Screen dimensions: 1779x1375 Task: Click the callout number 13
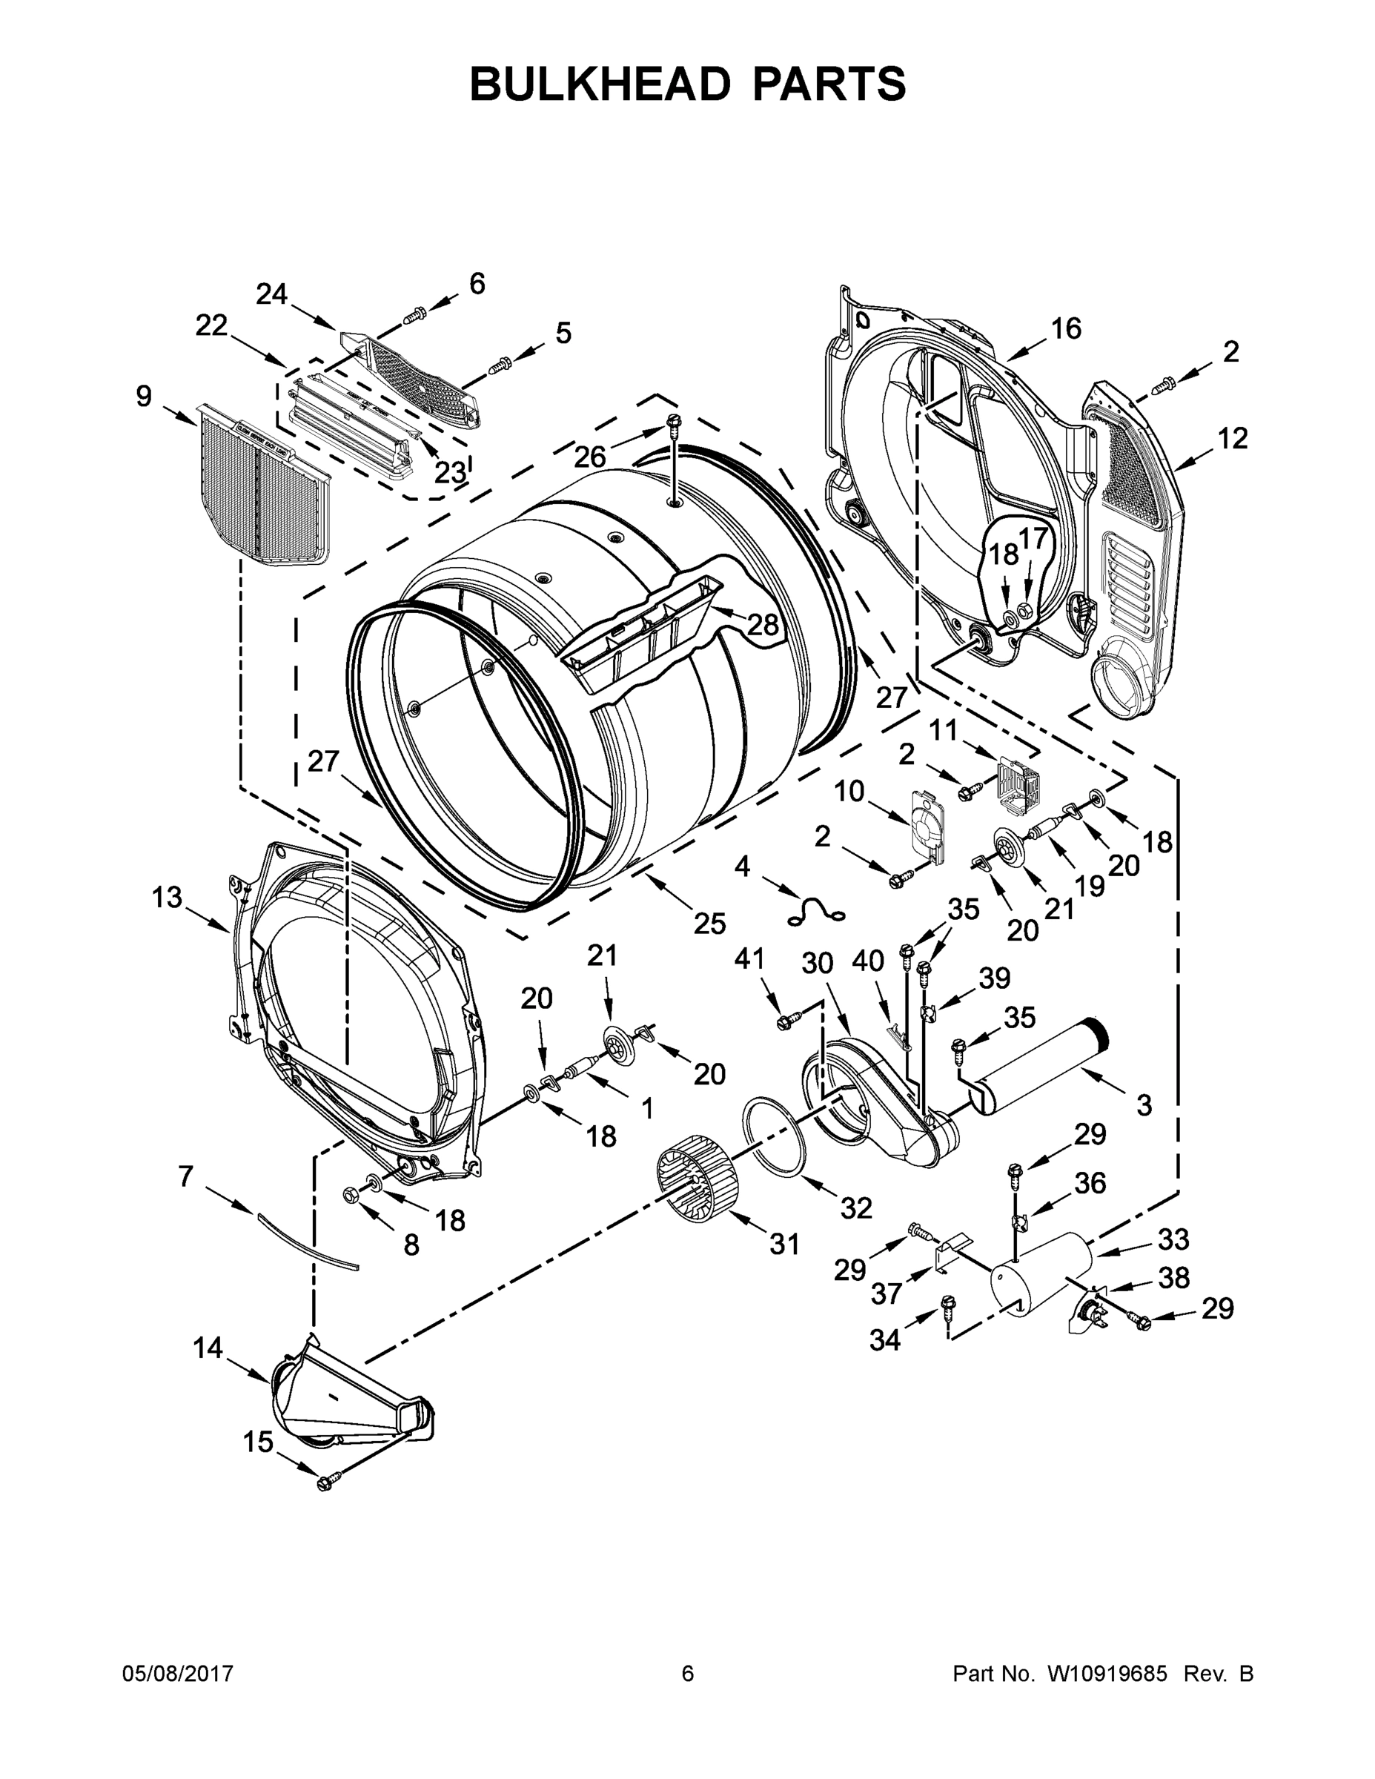pyautogui.click(x=167, y=898)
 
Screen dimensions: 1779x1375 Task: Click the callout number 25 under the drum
pyautogui.click(x=709, y=923)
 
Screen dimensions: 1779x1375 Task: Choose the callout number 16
pyautogui.click(x=1065, y=328)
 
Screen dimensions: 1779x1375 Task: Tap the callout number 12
pyautogui.click(x=1233, y=438)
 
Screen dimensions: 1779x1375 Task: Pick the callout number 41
pyautogui.click(x=749, y=960)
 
